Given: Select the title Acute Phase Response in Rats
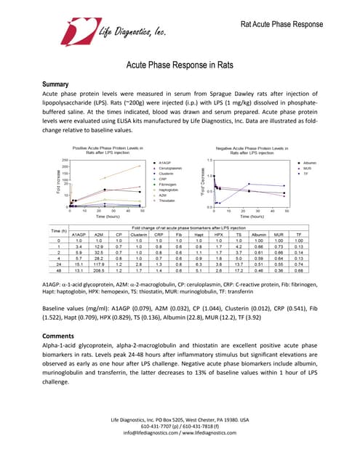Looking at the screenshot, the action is (180, 65).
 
